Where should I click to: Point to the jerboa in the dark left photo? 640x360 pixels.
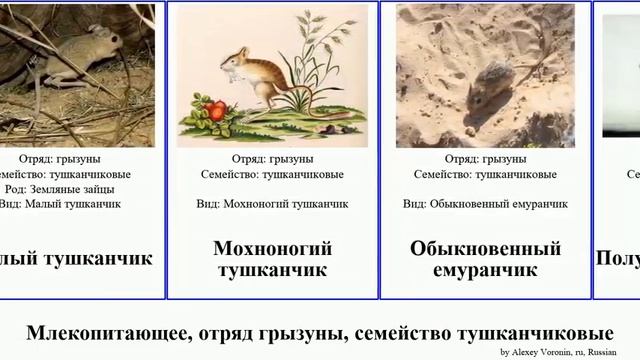point(75,50)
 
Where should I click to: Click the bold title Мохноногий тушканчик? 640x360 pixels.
point(272,258)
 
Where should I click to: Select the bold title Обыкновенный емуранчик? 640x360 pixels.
point(486,258)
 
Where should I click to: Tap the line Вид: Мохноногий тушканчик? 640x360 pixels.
point(272,203)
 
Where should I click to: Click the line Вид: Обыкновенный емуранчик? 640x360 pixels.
point(486,203)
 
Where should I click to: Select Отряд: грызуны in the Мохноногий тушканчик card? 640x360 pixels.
point(272,158)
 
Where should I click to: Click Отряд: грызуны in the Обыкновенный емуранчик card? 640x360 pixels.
point(486,158)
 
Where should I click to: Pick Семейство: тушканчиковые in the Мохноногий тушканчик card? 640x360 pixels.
point(272,173)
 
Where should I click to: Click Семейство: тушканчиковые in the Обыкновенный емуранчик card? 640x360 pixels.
point(486,173)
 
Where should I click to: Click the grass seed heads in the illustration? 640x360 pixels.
point(318,30)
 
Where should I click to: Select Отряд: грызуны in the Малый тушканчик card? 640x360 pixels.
point(59,158)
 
